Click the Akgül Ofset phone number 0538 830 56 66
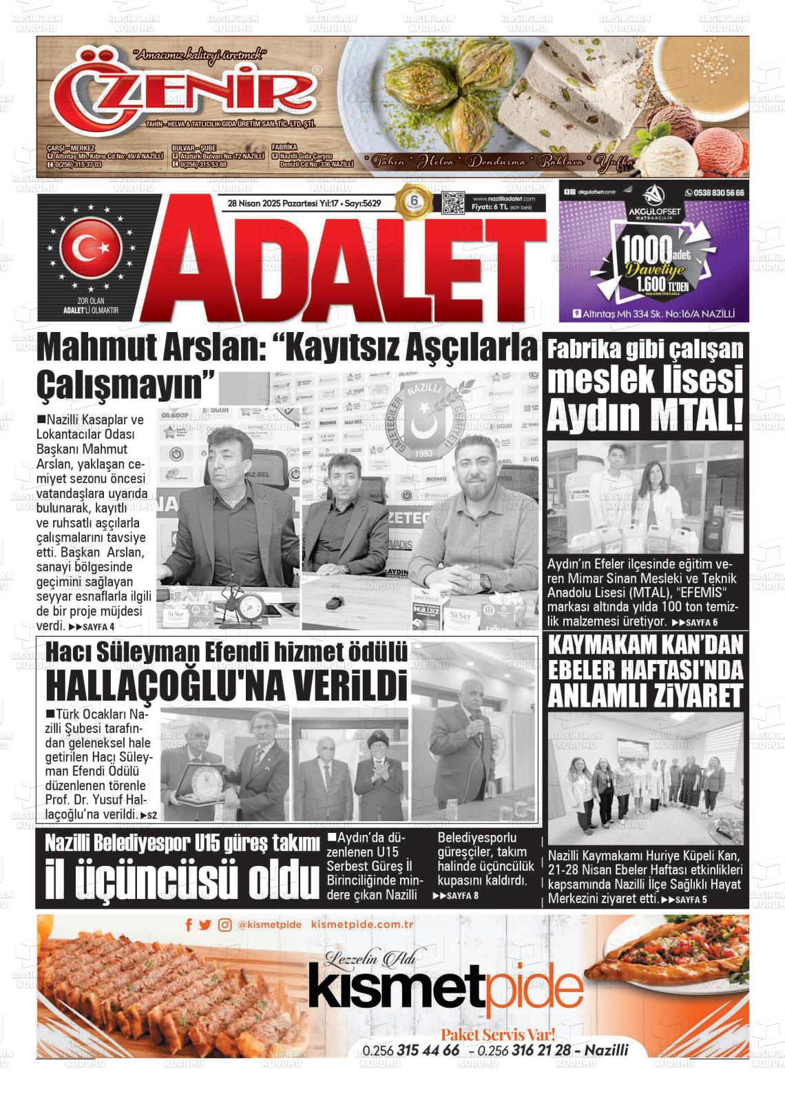coord(714,193)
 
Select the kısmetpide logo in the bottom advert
coord(446,989)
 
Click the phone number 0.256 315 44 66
coord(411,1051)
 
